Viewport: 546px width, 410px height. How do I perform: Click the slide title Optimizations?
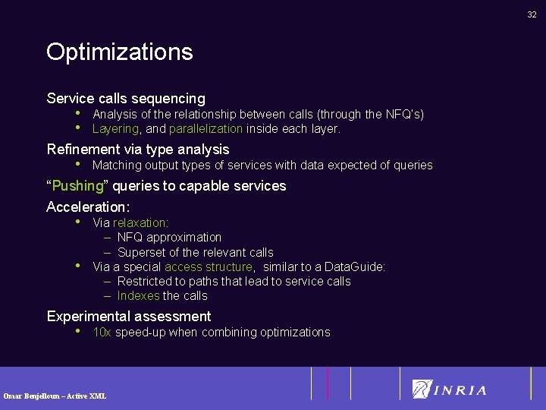pos(119,52)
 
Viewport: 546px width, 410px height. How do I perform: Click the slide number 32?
pos(532,14)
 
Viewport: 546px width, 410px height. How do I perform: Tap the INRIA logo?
pos(450,389)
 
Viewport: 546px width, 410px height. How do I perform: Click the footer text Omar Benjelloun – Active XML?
pos(55,396)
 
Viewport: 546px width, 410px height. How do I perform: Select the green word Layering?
pos(115,129)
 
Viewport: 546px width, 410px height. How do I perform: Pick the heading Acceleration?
pos(88,207)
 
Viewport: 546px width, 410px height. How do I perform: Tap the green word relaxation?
pos(140,222)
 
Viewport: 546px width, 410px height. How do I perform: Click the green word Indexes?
pos(138,296)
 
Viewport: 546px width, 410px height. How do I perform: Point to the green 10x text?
pos(102,333)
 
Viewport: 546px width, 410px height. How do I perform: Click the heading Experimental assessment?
pos(129,316)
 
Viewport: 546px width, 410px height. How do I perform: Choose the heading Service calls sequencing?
pos(126,98)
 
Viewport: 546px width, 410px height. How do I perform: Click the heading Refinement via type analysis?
pos(137,150)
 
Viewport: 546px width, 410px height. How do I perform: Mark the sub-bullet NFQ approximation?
pos(169,238)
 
